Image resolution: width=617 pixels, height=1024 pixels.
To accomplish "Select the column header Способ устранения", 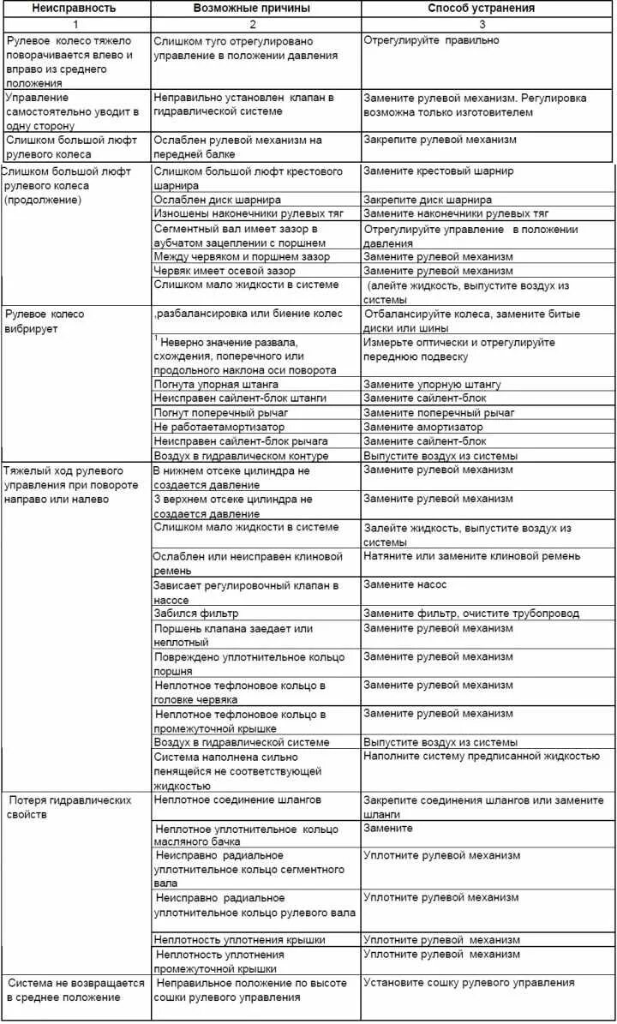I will pos(481,9).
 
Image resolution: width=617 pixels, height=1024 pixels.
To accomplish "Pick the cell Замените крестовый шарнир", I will pos(439,171).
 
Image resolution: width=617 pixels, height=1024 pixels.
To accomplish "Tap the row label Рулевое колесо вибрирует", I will pos(45,321).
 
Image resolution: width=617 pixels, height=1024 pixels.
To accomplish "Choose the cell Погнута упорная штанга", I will pos(216,384).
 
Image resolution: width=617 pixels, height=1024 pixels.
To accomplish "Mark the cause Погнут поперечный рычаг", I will pos(221,412).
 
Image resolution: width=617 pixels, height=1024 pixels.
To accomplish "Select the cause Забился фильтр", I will pos(196,614).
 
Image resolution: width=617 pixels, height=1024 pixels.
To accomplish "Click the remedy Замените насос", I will pos(405,585).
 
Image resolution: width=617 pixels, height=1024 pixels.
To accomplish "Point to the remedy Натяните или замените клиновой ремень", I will pos(471,556).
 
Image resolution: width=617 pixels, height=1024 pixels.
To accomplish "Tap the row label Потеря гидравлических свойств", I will pos(69,806).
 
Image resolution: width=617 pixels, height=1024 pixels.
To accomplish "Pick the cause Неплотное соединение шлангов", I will pos(237,799).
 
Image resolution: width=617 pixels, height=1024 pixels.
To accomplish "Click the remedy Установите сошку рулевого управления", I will pos(469,983).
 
